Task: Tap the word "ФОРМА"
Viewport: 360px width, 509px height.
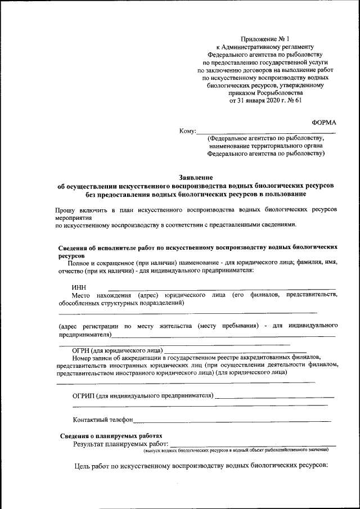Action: [x=324, y=122]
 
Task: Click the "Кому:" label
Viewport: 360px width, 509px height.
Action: [x=187, y=132]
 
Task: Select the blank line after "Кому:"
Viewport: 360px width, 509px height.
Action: [x=265, y=132]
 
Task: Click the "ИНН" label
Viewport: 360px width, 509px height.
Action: [x=79, y=287]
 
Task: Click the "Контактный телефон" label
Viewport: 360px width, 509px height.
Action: [x=103, y=420]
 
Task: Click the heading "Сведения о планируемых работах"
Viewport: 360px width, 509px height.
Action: [x=111, y=436]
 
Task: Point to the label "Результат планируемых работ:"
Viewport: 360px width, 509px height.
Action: [x=120, y=444]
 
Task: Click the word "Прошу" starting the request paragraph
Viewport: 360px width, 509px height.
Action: [x=59, y=209]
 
